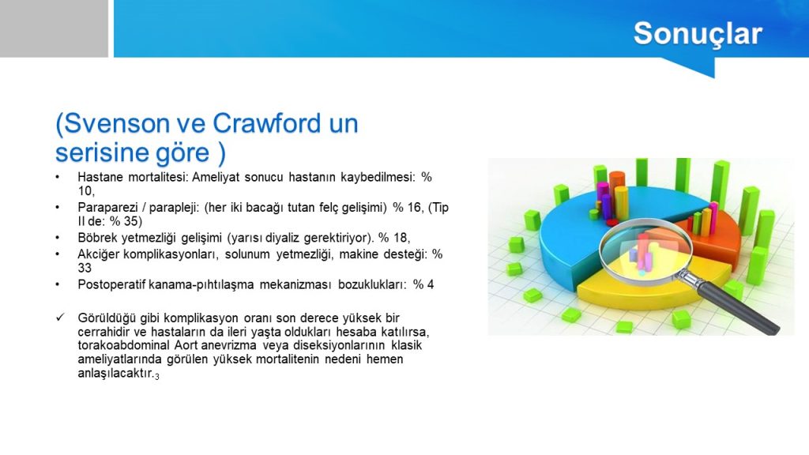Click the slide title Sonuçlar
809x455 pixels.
tap(698, 34)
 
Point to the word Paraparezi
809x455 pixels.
tap(107, 208)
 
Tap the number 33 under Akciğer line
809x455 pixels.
tap(85, 268)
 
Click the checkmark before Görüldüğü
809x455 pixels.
tap(60, 317)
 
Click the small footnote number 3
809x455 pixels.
tap(157, 377)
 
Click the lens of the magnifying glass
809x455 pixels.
tap(645, 250)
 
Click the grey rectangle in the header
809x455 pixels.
tap(54, 28)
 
